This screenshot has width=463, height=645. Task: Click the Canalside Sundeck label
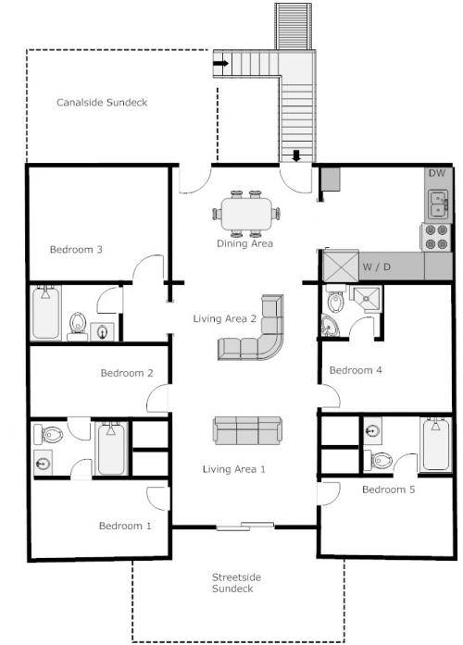(102, 103)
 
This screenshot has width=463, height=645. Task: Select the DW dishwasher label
(438, 174)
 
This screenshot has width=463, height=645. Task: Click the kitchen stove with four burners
(436, 236)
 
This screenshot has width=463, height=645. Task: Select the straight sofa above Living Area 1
(248, 431)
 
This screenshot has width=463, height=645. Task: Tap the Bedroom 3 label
(76, 249)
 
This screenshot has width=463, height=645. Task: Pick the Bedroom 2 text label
(127, 374)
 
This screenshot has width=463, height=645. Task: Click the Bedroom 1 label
(125, 526)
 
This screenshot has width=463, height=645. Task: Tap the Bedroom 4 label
(357, 370)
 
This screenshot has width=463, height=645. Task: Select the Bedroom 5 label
(388, 490)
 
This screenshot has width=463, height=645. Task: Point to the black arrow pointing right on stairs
(220, 63)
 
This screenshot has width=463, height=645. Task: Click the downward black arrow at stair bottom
(296, 155)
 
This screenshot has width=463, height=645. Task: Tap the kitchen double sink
(437, 201)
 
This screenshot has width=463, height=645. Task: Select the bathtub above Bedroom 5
(434, 445)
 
